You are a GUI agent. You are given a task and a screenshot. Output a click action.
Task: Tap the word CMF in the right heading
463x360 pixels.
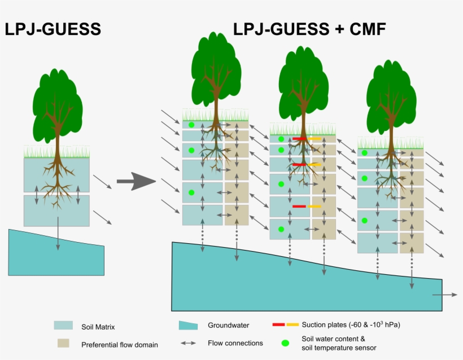[x=365, y=29]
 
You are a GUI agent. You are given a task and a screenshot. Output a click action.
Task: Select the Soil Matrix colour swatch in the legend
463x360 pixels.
[x=63, y=326]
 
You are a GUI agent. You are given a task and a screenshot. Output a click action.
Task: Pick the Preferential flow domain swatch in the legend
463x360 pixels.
[x=63, y=343]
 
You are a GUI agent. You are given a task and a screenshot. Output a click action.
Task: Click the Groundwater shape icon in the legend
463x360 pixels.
[x=188, y=326]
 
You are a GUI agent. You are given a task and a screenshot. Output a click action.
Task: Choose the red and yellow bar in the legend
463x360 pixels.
[x=285, y=325]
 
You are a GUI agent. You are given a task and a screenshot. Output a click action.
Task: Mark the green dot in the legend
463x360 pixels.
[x=285, y=343]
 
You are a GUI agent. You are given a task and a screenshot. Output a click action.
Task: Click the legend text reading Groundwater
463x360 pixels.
[x=228, y=326]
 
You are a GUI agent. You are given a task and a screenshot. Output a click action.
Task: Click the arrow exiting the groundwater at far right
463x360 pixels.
[x=447, y=295]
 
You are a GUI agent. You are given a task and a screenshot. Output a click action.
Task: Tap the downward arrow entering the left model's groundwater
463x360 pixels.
[x=58, y=234]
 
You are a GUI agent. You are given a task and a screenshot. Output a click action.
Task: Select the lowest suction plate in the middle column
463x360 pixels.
[x=307, y=207]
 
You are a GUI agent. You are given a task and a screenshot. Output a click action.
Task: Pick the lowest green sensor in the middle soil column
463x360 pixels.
[x=280, y=229]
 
